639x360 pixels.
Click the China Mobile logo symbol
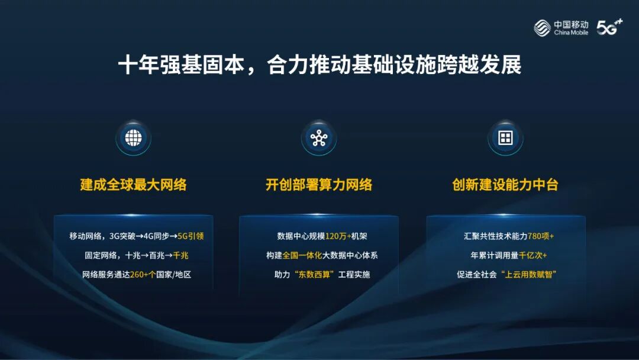click(543, 27)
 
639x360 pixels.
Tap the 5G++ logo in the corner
click(609, 27)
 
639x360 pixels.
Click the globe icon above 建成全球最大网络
click(133, 138)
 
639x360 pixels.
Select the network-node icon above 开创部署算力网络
click(319, 138)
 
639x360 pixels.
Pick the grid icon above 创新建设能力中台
click(505, 138)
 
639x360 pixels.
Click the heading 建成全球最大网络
click(133, 185)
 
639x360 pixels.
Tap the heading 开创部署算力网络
click(319, 185)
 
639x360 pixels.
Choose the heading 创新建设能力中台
click(505, 185)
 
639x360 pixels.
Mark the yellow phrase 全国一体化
click(302, 255)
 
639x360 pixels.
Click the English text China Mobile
click(571, 33)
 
